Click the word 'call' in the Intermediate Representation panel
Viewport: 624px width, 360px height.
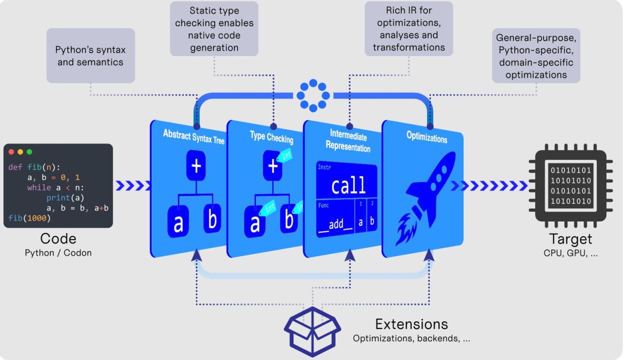point(348,185)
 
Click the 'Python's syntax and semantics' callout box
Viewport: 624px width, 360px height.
point(90,56)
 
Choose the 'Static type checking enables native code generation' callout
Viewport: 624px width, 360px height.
point(214,29)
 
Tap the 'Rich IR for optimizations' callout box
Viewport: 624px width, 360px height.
point(409,29)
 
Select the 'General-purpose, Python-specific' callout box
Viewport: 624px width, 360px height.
point(536,56)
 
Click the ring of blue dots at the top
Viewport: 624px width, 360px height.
point(313,95)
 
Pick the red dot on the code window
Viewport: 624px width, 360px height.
point(11,152)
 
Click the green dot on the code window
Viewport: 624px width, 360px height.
point(30,152)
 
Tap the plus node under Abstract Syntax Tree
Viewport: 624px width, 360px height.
point(197,166)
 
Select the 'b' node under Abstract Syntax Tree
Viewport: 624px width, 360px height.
point(212,221)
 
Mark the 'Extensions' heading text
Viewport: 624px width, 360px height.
point(411,324)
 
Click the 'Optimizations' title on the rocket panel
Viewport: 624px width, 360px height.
point(426,138)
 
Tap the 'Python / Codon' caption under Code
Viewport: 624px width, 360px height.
point(58,253)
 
